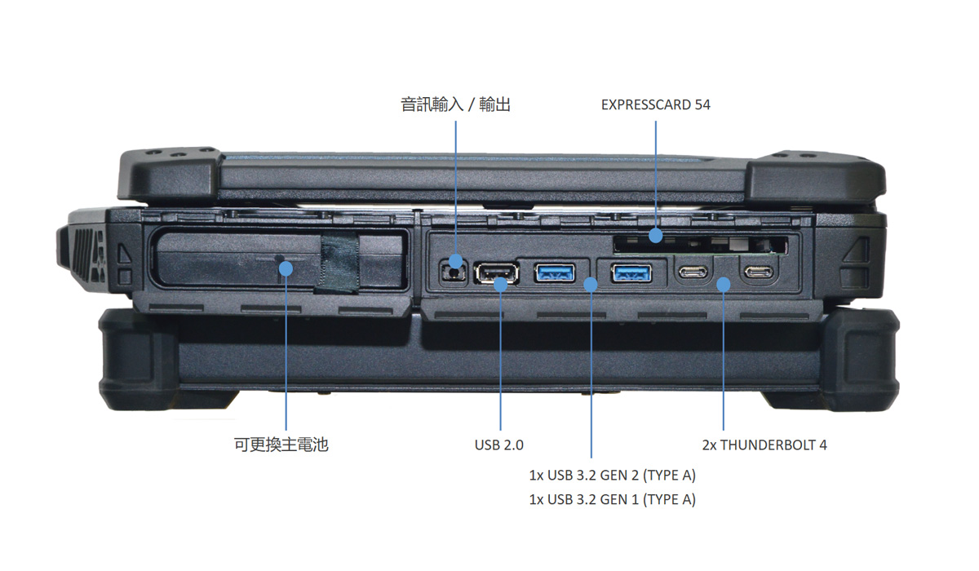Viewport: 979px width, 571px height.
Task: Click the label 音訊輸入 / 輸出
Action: (455, 104)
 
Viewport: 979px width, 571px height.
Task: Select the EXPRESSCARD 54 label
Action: (655, 104)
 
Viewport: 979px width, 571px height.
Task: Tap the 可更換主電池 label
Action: (281, 445)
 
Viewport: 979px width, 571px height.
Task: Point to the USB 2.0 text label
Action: (498, 445)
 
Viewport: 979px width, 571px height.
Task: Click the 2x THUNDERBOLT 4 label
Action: (764, 445)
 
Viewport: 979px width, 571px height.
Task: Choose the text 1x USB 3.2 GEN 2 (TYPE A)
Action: (612, 475)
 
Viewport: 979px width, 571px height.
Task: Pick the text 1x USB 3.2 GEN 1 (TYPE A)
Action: (612, 499)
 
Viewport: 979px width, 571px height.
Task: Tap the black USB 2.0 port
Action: (495, 274)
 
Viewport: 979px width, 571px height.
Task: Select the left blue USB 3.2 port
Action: (555, 272)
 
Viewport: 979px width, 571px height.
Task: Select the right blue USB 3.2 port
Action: (631, 272)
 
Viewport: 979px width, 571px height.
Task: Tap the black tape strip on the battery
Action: (339, 265)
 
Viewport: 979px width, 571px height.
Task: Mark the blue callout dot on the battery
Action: (286, 267)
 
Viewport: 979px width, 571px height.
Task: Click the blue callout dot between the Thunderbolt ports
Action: (724, 283)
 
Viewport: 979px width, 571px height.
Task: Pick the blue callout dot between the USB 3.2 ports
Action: (590, 283)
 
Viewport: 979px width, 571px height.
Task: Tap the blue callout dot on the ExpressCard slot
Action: (655, 237)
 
